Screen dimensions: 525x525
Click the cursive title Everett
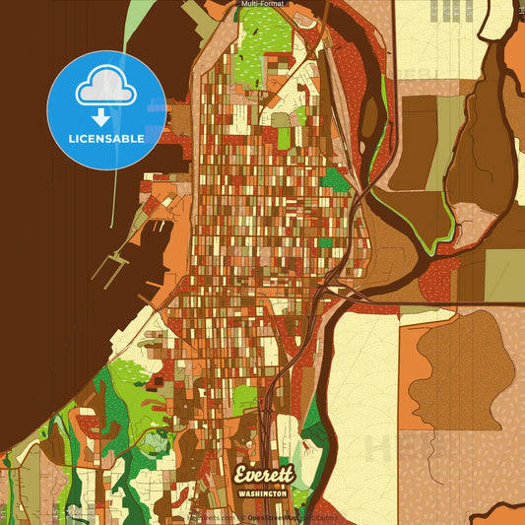coord(263,474)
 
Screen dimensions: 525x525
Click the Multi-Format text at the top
coord(262,5)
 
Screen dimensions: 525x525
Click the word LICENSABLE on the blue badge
coord(106,139)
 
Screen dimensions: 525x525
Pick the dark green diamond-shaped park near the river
coord(337,179)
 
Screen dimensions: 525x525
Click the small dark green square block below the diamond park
coord(325,242)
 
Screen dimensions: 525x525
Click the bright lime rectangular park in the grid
coord(284,137)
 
